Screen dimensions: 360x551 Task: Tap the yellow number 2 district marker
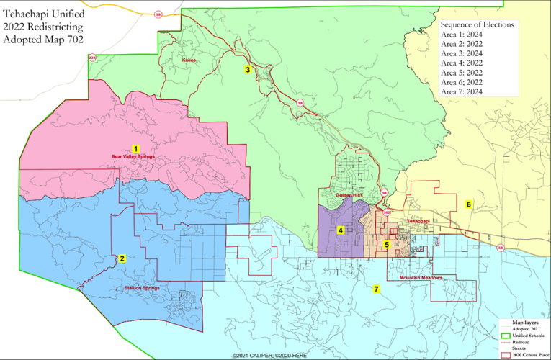(122, 258)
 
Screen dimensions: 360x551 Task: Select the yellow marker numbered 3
(248, 70)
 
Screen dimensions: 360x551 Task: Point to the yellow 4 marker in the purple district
(340, 230)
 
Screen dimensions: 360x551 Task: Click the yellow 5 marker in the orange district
(387, 245)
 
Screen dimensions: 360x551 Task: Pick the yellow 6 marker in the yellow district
(469, 204)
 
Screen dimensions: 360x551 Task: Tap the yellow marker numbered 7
(376, 289)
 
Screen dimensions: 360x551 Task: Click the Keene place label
(189, 60)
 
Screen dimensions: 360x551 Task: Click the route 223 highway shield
(91, 57)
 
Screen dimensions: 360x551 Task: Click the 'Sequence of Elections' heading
(477, 24)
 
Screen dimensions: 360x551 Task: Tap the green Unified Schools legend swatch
(506, 336)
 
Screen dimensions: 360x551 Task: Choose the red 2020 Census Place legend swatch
(506, 355)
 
